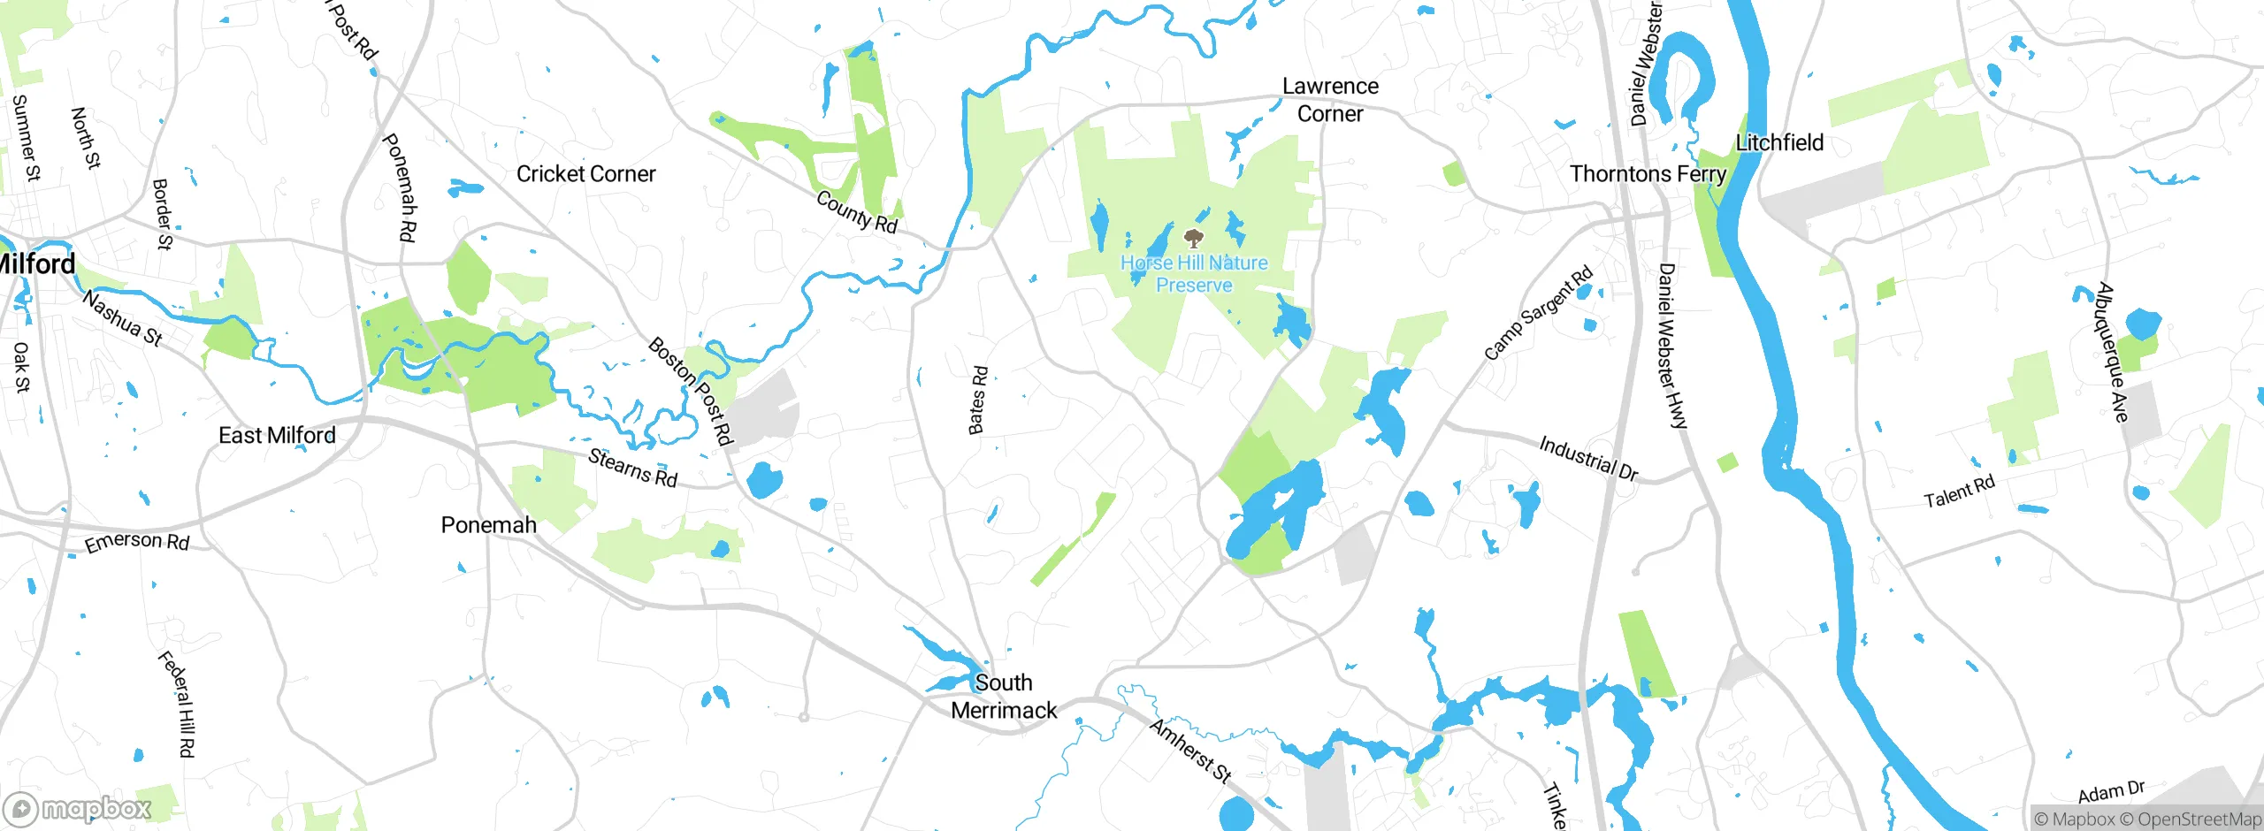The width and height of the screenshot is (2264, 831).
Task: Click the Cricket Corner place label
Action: [585, 174]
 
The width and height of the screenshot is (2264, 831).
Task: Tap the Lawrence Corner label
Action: [1330, 100]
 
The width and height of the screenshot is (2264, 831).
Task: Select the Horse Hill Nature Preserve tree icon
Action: [1194, 238]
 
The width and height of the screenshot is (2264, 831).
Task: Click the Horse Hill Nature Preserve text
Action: [1194, 274]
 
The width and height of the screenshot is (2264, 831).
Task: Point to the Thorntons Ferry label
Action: [1648, 174]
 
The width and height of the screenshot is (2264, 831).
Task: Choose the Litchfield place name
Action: [1779, 142]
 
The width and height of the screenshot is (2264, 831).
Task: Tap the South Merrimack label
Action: [1004, 697]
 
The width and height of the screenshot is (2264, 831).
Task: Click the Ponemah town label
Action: [488, 525]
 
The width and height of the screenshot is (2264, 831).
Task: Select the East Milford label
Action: [277, 435]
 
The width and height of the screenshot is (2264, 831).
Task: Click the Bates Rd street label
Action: [977, 400]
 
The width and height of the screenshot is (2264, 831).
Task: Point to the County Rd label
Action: [856, 212]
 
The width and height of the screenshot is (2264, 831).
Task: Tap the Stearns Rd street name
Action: [632, 468]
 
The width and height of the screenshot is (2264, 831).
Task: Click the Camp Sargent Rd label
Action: [1538, 313]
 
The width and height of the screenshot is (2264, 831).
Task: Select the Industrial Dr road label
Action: [1588, 458]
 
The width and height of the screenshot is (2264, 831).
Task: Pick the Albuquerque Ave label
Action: [2112, 352]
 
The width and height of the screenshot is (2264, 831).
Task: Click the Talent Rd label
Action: [1959, 492]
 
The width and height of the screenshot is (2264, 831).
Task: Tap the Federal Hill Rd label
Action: [177, 704]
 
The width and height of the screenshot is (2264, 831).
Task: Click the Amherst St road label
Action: [1190, 751]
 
